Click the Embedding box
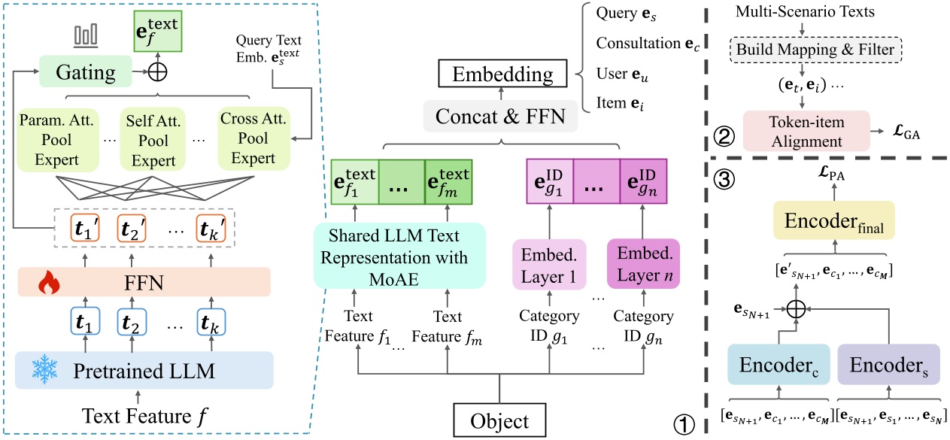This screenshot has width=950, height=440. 497,74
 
